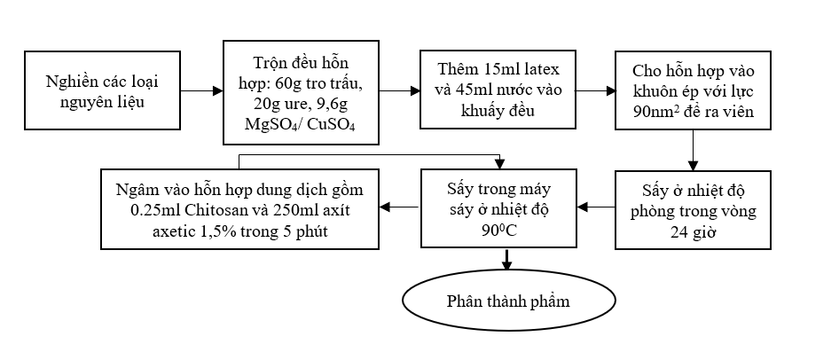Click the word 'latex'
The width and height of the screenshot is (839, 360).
coord(554,69)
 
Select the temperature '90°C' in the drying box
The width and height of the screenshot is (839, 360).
coord(508,228)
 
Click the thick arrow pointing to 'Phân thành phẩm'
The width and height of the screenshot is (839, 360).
coord(508,261)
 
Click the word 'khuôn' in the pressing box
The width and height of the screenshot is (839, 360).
coord(657,90)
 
